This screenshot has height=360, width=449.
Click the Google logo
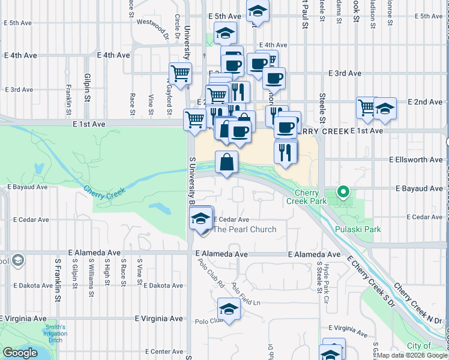(20, 353)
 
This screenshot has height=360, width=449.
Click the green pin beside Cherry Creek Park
(343, 192)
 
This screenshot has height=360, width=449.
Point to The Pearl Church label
(245, 229)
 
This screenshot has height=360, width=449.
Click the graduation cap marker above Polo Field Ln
(229, 310)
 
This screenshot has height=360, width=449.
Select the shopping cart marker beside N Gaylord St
(180, 74)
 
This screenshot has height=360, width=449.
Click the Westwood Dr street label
(152, 28)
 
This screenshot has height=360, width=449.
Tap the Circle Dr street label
(178, 26)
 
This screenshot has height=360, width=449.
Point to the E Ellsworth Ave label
(415, 160)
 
